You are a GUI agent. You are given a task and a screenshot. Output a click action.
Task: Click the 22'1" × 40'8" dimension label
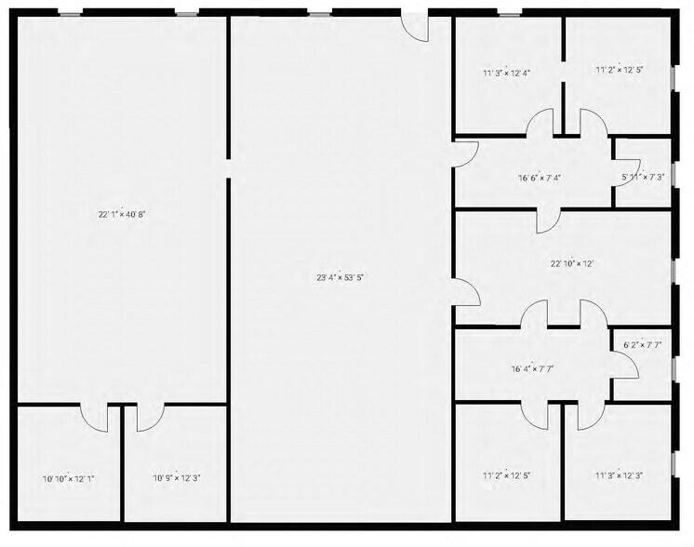[122, 215]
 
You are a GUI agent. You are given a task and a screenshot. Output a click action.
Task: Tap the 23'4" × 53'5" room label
[340, 276]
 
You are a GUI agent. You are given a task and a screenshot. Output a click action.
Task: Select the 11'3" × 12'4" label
[506, 72]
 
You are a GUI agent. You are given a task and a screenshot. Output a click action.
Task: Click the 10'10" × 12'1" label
[67, 479]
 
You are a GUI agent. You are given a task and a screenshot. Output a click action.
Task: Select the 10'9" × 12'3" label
[177, 479]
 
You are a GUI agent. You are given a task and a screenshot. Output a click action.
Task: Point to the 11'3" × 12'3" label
[619, 475]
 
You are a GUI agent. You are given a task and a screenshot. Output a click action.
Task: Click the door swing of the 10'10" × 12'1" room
[93, 418]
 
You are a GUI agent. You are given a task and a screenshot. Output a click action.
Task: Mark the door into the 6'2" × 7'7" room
[625, 367]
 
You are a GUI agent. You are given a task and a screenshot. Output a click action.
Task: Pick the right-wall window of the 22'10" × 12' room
[672, 270]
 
